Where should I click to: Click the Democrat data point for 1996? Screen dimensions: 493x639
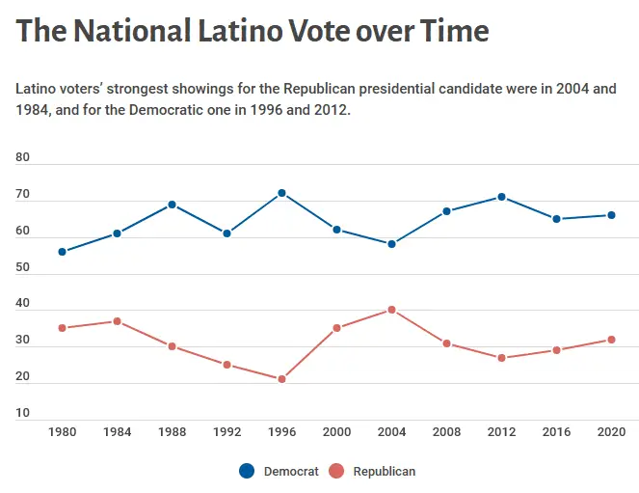(x=281, y=193)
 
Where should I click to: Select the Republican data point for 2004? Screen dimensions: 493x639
(x=391, y=310)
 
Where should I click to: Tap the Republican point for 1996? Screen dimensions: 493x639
(x=281, y=379)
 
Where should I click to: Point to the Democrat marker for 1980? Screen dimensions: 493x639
(x=62, y=252)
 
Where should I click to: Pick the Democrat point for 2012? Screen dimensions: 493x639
(x=501, y=197)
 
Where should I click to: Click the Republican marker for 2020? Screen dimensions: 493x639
(x=611, y=340)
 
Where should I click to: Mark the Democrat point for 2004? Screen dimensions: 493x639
(x=391, y=244)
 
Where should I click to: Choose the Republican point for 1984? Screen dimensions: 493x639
(x=117, y=321)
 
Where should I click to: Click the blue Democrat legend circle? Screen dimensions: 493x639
(x=247, y=471)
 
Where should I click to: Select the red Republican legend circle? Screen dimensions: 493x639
(x=336, y=471)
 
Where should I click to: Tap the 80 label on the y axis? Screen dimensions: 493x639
(x=23, y=157)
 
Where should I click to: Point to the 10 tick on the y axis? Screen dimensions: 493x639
(x=23, y=413)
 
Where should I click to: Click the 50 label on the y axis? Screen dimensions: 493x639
(x=23, y=267)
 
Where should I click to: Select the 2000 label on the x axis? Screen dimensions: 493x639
(x=336, y=431)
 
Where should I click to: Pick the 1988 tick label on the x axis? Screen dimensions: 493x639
(x=172, y=431)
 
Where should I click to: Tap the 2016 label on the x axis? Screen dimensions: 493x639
(x=556, y=431)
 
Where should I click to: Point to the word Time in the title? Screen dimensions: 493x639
(x=454, y=31)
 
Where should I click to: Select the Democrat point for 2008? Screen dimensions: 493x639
(x=446, y=211)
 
